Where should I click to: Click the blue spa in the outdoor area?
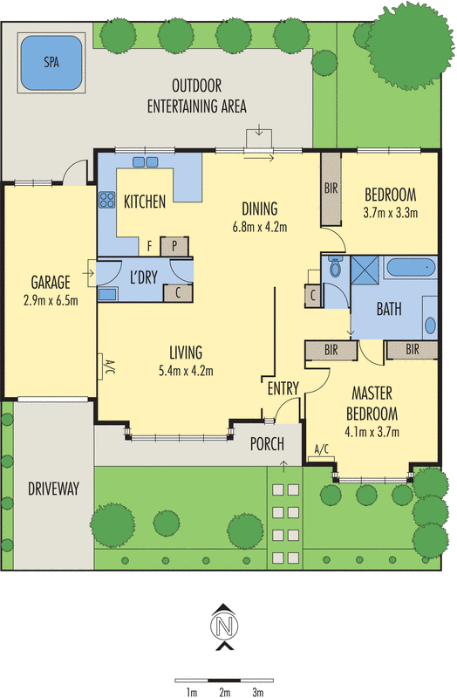pos(51,62)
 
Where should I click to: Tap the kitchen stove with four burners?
pos(106,200)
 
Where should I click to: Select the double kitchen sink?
pos(145,162)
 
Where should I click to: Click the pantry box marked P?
pos(174,246)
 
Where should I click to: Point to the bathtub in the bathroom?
pos(410,267)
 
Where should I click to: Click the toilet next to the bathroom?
pos(335,266)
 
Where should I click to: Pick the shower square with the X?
pos(365,270)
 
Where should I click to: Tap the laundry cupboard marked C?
pos(178,293)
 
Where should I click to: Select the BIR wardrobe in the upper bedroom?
pos(331,188)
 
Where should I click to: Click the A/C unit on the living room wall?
pos(101,366)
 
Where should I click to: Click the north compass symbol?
pos(224,626)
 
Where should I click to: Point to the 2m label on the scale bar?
pos(225,692)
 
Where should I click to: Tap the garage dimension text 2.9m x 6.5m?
pos(51,300)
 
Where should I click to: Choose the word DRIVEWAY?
pos(53,489)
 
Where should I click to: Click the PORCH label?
pos(267,444)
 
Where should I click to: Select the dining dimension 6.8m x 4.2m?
pos(259,227)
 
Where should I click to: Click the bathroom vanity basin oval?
pos(430,325)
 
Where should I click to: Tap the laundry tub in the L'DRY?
pos(107,294)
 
